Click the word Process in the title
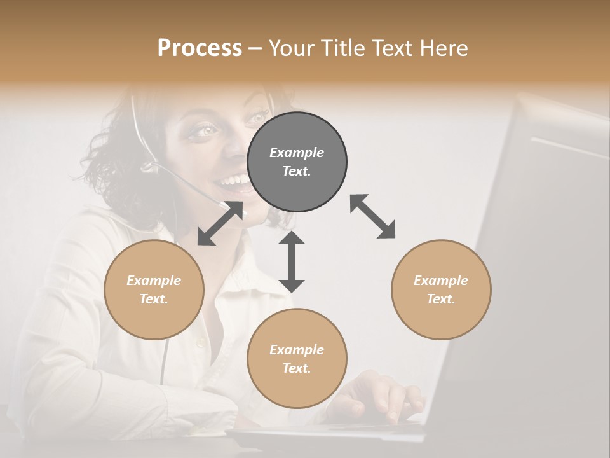pos(200,48)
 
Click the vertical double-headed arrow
pos(292,261)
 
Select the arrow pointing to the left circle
pos(220,223)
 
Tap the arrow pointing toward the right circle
pos(373,217)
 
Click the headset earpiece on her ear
pos(149,167)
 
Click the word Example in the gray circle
pos(296,153)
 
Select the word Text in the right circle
pos(440,299)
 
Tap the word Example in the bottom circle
pos(296,350)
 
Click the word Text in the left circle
pos(153,299)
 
